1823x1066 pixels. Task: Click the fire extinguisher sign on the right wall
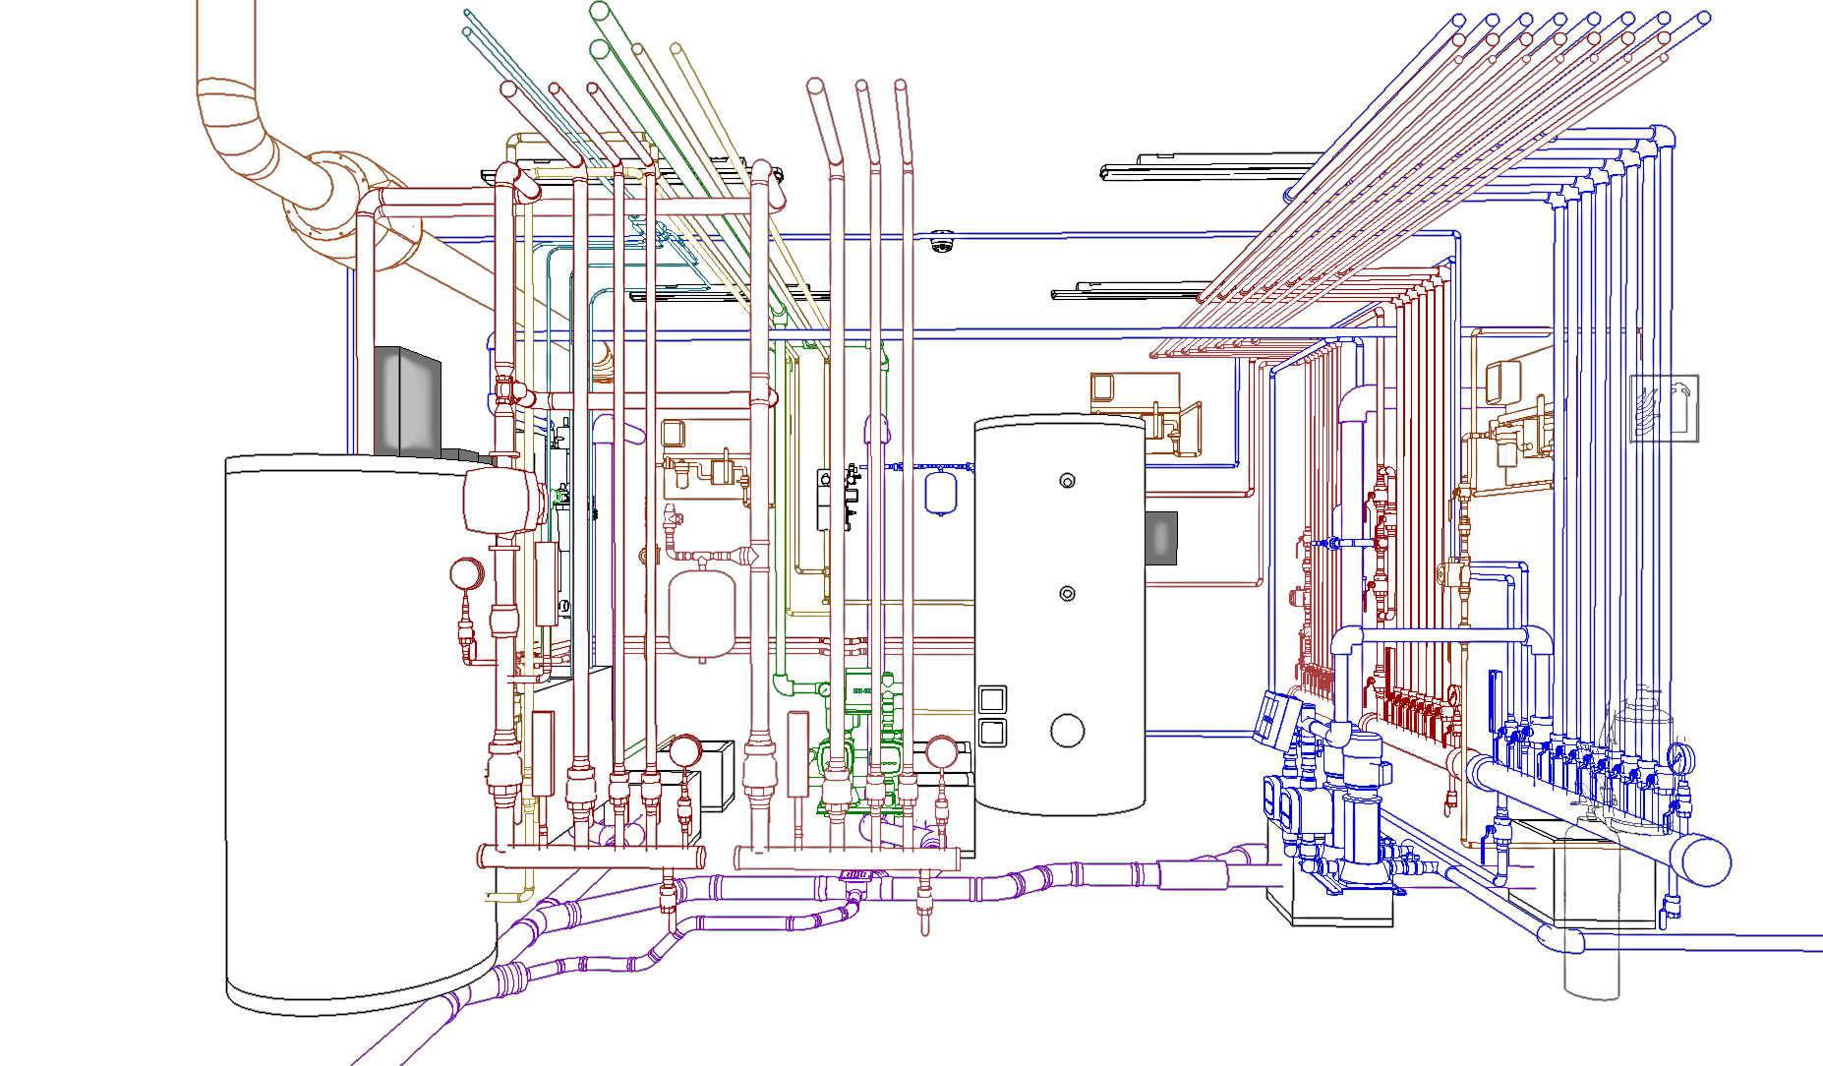click(1664, 408)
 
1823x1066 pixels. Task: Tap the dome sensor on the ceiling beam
click(942, 241)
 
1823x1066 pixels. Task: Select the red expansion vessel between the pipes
click(702, 614)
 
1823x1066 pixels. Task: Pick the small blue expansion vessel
click(941, 493)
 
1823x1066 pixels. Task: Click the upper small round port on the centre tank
click(1067, 481)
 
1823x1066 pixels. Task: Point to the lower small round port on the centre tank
click(1067, 594)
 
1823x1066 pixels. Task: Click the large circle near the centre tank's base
click(1067, 731)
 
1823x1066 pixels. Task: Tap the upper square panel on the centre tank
click(992, 699)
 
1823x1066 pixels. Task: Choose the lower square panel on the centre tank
click(992, 733)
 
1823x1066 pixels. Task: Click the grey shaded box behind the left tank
click(407, 401)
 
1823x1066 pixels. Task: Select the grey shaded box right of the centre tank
click(1161, 539)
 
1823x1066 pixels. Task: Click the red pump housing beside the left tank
click(502, 500)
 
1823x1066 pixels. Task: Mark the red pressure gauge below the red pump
click(467, 573)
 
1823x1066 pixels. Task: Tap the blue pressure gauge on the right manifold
click(1680, 757)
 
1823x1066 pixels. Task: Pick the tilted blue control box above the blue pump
click(1276, 717)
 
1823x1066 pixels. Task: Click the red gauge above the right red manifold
click(941, 752)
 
